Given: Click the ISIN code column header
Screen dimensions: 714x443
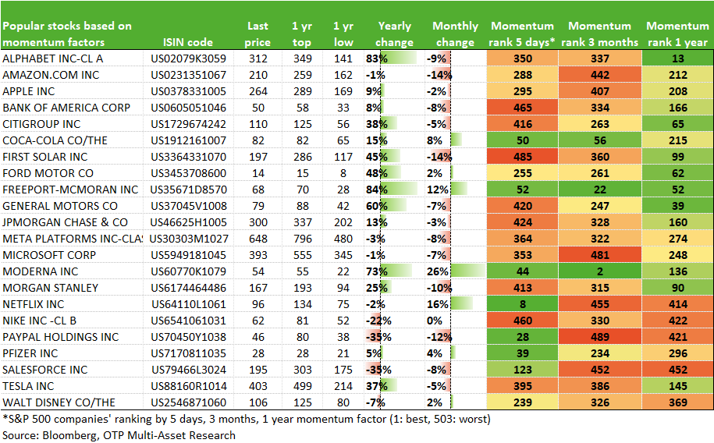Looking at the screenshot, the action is point(187,42).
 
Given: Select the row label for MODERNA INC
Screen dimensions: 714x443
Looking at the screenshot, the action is point(40,272).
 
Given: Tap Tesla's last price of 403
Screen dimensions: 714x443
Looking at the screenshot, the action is point(258,387).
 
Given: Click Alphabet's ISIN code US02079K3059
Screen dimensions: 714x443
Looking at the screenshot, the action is point(189,58).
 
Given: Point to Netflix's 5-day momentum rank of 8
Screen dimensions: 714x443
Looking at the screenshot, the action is point(522,305).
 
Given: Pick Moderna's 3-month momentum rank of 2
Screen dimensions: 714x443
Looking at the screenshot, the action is point(600,272).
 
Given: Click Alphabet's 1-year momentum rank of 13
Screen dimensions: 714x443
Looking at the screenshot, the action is point(677,58).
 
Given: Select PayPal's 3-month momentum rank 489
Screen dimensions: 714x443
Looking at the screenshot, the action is point(600,338).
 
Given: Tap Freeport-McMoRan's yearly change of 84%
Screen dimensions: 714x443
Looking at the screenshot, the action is point(377,190).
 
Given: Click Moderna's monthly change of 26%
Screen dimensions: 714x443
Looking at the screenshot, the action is point(438,272).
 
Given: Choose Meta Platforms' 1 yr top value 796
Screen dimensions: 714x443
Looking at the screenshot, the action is point(302,239).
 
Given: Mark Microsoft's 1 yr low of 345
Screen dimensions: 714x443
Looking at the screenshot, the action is point(343,255).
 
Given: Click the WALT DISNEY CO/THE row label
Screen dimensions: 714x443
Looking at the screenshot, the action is point(59,403).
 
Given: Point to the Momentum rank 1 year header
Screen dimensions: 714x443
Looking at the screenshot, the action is point(677,34).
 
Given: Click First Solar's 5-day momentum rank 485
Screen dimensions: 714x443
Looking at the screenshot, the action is point(522,157).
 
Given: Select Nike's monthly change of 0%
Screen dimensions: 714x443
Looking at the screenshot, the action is point(435,321).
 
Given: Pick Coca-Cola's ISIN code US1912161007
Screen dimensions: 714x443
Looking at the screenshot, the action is point(189,140).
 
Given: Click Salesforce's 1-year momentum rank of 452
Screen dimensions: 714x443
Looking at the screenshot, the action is point(677,370).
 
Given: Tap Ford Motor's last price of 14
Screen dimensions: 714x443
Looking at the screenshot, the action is point(258,173).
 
